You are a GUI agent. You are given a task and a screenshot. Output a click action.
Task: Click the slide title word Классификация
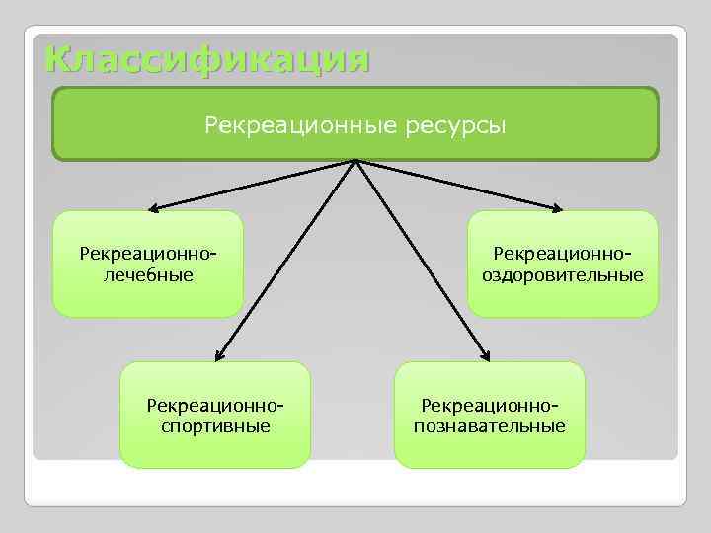click(x=207, y=59)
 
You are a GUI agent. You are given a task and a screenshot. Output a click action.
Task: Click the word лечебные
click(x=148, y=274)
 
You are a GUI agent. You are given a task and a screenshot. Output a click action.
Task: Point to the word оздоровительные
click(x=563, y=274)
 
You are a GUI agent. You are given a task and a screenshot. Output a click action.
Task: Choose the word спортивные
click(x=215, y=426)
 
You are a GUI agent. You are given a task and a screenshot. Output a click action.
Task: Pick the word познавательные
click(x=491, y=426)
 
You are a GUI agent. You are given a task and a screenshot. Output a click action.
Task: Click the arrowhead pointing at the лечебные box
click(x=154, y=208)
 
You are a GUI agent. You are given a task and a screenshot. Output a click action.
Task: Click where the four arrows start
click(x=355, y=161)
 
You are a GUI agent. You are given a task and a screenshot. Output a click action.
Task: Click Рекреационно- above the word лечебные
click(x=148, y=255)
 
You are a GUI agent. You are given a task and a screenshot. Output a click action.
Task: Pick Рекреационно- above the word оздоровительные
click(x=563, y=255)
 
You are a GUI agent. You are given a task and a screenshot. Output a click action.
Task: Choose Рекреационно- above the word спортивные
click(x=215, y=406)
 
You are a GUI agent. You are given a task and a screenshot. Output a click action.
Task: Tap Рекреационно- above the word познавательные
click(x=491, y=406)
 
